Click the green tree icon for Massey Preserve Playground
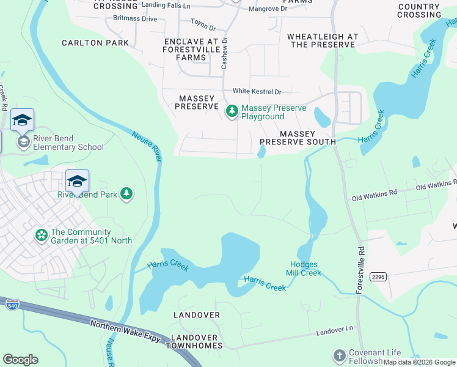click(x=232, y=111)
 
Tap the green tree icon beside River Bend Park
click(x=126, y=194)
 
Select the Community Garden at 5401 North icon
click(x=42, y=235)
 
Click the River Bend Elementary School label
click(x=68, y=143)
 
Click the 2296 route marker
click(x=378, y=277)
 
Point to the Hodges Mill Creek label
click(x=305, y=269)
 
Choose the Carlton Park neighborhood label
click(x=95, y=43)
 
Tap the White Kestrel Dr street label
click(x=252, y=91)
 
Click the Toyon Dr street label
click(x=203, y=28)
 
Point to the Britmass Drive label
click(x=135, y=19)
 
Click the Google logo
click(x=21, y=360)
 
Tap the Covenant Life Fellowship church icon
click(x=339, y=355)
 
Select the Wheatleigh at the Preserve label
click(x=323, y=41)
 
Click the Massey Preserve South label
click(x=298, y=138)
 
